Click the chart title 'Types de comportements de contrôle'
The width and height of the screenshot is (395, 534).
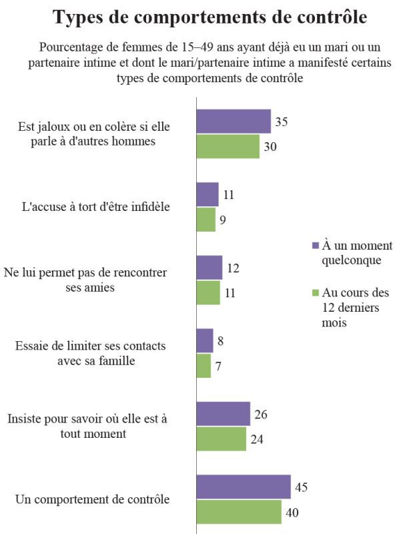[x=210, y=17]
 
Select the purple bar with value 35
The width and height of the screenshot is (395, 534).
[x=234, y=121]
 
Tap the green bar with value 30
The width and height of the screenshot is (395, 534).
[x=228, y=146]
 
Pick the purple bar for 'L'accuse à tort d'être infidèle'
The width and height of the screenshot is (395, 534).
[x=208, y=194]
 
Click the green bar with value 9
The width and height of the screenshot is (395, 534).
[x=206, y=220]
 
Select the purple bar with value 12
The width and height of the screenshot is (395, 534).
[x=210, y=268]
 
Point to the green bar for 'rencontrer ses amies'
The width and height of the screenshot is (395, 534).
[x=208, y=292]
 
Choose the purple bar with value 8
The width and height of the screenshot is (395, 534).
[x=205, y=340]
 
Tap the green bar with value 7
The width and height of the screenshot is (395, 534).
[x=204, y=366]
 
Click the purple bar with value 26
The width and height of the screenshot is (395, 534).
[x=224, y=414]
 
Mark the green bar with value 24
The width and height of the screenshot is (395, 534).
[x=222, y=439]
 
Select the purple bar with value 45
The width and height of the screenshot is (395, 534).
[x=244, y=487]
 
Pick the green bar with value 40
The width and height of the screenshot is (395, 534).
[x=239, y=512]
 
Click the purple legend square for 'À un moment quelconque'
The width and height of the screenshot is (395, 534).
[x=316, y=246]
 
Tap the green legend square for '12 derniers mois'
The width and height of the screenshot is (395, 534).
[x=316, y=292]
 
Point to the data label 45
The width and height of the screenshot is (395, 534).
[x=302, y=487]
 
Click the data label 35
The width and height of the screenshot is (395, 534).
[x=282, y=121]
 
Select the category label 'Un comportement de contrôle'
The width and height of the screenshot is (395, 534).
[x=92, y=499]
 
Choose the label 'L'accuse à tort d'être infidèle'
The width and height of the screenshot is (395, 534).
[x=95, y=207]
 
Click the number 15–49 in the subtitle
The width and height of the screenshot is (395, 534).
[x=197, y=47]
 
